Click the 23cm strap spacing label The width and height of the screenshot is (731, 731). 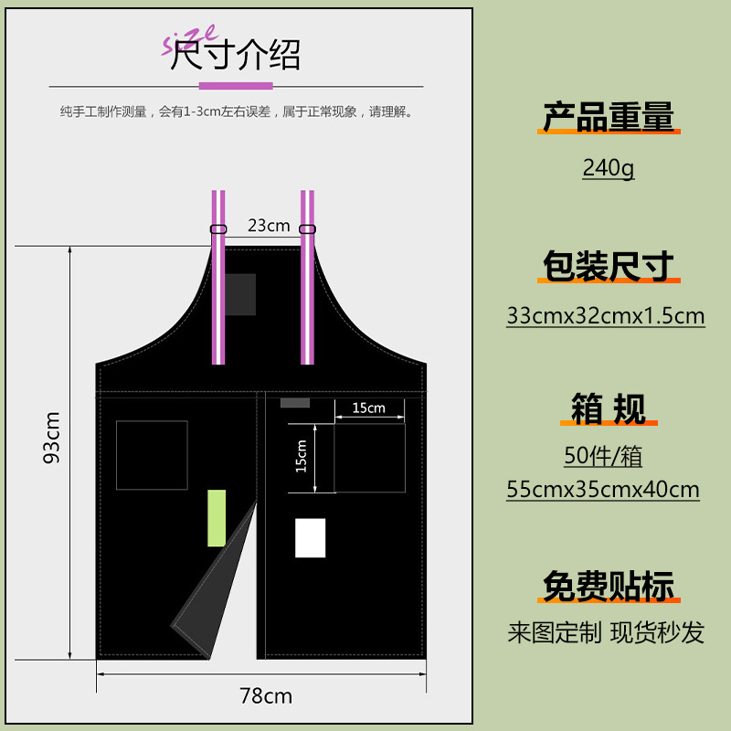268,225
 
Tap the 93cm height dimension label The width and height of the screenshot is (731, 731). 52,436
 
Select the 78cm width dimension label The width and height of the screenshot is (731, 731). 266,696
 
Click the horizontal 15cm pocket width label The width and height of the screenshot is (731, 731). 369,408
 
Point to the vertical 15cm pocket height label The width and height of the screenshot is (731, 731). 302,458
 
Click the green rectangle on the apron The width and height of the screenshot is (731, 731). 217,518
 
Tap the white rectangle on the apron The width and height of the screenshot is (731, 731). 310,538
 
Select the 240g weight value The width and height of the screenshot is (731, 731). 608,168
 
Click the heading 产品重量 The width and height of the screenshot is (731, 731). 608,117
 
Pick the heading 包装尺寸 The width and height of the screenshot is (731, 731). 608,266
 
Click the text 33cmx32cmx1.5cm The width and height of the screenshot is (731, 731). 606,316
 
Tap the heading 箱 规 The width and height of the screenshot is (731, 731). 608,408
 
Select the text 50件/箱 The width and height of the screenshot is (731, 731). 603,456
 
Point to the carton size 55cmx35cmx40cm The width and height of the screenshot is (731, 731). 603,490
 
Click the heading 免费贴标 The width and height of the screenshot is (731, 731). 608,586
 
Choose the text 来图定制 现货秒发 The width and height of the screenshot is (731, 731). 606,632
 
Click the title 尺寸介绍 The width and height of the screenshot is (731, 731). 235,57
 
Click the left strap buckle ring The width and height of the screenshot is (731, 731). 218,228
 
